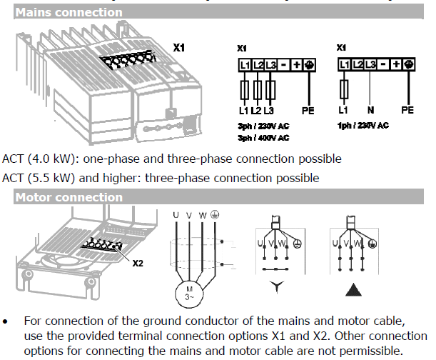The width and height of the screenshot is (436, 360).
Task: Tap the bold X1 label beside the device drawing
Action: (179, 47)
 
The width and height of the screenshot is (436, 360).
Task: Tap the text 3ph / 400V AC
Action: (263, 137)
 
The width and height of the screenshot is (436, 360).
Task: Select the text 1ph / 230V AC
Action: (363, 125)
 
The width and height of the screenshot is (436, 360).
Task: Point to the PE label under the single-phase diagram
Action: (407, 111)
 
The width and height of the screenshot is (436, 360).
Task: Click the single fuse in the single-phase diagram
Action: (345, 90)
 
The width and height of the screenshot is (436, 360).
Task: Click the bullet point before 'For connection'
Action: (6, 322)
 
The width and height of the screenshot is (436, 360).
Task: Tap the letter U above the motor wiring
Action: (175, 215)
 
